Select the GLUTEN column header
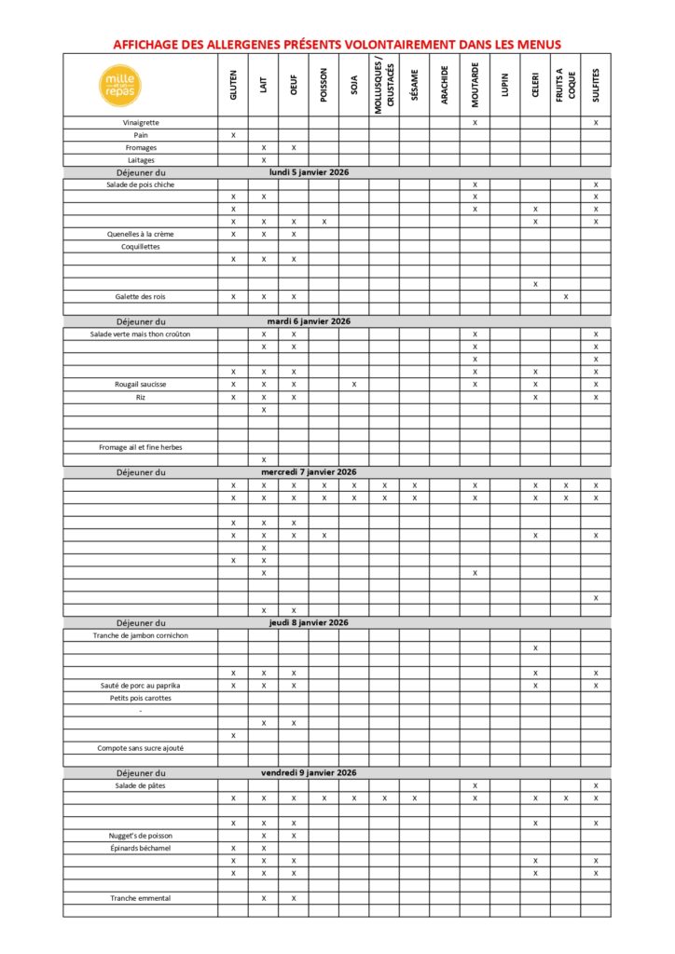pos(233,85)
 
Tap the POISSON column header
pos(324,85)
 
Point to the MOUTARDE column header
pos(475,85)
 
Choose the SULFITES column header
pos(596,85)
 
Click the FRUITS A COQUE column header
pos(565,85)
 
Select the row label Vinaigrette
pos(141,122)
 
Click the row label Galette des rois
pos(141,296)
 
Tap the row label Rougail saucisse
pos(141,384)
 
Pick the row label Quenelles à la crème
pos(141,234)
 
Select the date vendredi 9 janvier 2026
pos(309,772)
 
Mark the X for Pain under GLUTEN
pos(233,135)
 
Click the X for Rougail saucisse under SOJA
pos(354,384)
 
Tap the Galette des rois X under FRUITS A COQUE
pos(565,296)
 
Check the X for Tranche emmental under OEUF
pos(294,898)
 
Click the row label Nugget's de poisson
pos(141,836)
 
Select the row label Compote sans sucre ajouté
pos(141,748)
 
